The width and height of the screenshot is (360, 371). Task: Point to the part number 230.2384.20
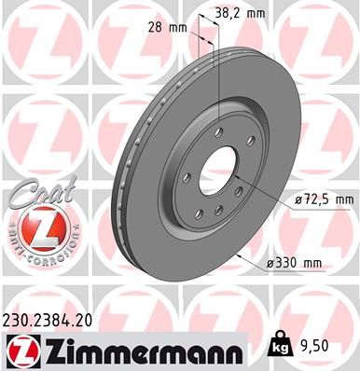tap(56, 317)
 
